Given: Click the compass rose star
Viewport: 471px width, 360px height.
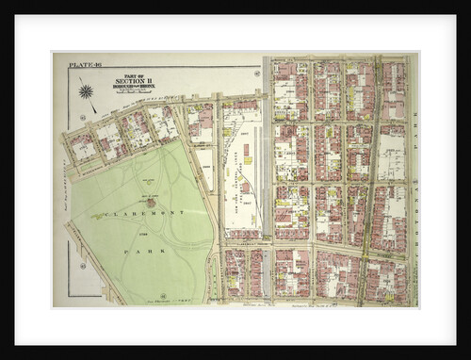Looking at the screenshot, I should point(86,91).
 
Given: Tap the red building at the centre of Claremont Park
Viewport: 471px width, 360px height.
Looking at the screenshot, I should point(150,202).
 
